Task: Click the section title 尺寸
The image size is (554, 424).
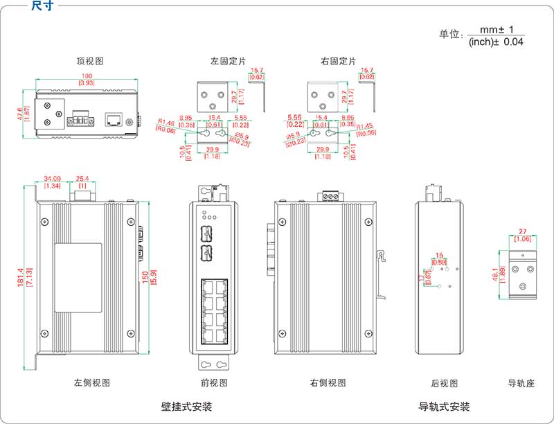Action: [41, 6]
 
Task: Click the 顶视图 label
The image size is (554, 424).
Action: [90, 61]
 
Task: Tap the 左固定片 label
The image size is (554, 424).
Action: [229, 61]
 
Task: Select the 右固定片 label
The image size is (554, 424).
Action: [339, 61]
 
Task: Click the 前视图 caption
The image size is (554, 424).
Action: [214, 382]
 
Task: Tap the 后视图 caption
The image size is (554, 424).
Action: [444, 382]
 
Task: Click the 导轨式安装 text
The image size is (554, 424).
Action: [444, 406]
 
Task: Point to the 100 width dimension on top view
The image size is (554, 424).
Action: [87, 76]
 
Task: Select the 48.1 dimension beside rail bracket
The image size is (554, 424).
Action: [495, 274]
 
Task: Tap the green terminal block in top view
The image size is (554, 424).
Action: [80, 122]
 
